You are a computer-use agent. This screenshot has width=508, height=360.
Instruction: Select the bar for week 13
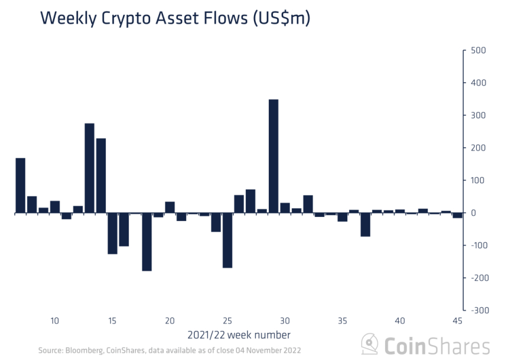pos(89,168)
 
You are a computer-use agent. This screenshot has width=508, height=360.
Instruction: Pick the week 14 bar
pos(101,176)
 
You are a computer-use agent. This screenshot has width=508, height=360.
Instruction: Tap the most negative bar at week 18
pos(147,242)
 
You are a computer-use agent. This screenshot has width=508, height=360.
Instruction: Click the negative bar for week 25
pos(227,240)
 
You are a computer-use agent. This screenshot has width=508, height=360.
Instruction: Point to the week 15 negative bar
pos(112,233)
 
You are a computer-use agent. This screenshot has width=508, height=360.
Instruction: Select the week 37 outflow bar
pos(366,225)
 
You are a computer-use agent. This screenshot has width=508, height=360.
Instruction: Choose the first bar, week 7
pos(20,185)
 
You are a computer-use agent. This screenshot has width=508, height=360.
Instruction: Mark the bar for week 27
pos(250,201)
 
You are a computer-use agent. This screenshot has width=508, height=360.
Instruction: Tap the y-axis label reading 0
pos(474,213)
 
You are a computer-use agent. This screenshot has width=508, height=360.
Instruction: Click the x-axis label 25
pos(227,321)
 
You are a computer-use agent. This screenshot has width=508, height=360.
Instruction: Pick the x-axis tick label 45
pos(457,321)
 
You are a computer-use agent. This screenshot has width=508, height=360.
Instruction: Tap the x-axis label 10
pos(55,321)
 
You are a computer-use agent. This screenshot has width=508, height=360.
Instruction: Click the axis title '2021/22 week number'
pos(239,335)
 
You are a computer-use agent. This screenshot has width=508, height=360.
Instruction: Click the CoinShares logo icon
pos(370,343)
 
